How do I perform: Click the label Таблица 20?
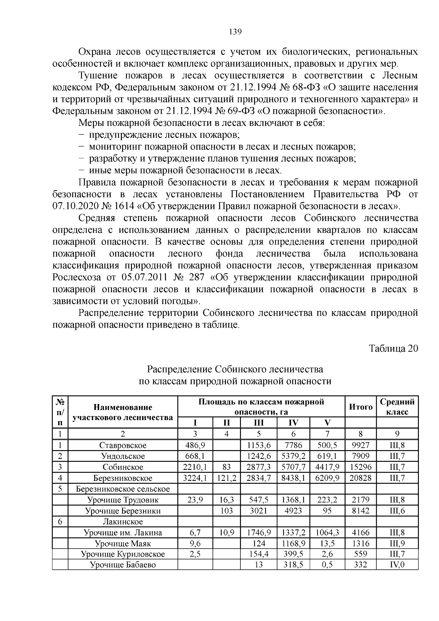(x=393, y=348)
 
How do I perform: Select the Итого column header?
(x=361, y=407)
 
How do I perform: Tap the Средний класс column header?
(x=397, y=407)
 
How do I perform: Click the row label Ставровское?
(x=123, y=445)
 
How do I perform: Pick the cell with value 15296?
(x=361, y=467)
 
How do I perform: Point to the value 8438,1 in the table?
(x=293, y=478)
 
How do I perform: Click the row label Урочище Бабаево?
(x=123, y=565)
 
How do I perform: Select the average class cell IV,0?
(x=397, y=565)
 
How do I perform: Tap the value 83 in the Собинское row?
(x=227, y=467)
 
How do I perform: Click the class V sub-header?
(x=327, y=423)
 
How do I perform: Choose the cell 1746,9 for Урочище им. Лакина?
(x=259, y=532)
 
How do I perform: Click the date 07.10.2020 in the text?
(x=75, y=206)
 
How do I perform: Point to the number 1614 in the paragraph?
(x=124, y=206)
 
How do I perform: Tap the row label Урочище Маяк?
(x=123, y=543)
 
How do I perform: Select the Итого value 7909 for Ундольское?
(x=361, y=456)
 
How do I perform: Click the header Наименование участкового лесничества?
(x=123, y=412)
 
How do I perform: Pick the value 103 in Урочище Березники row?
(x=227, y=510)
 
